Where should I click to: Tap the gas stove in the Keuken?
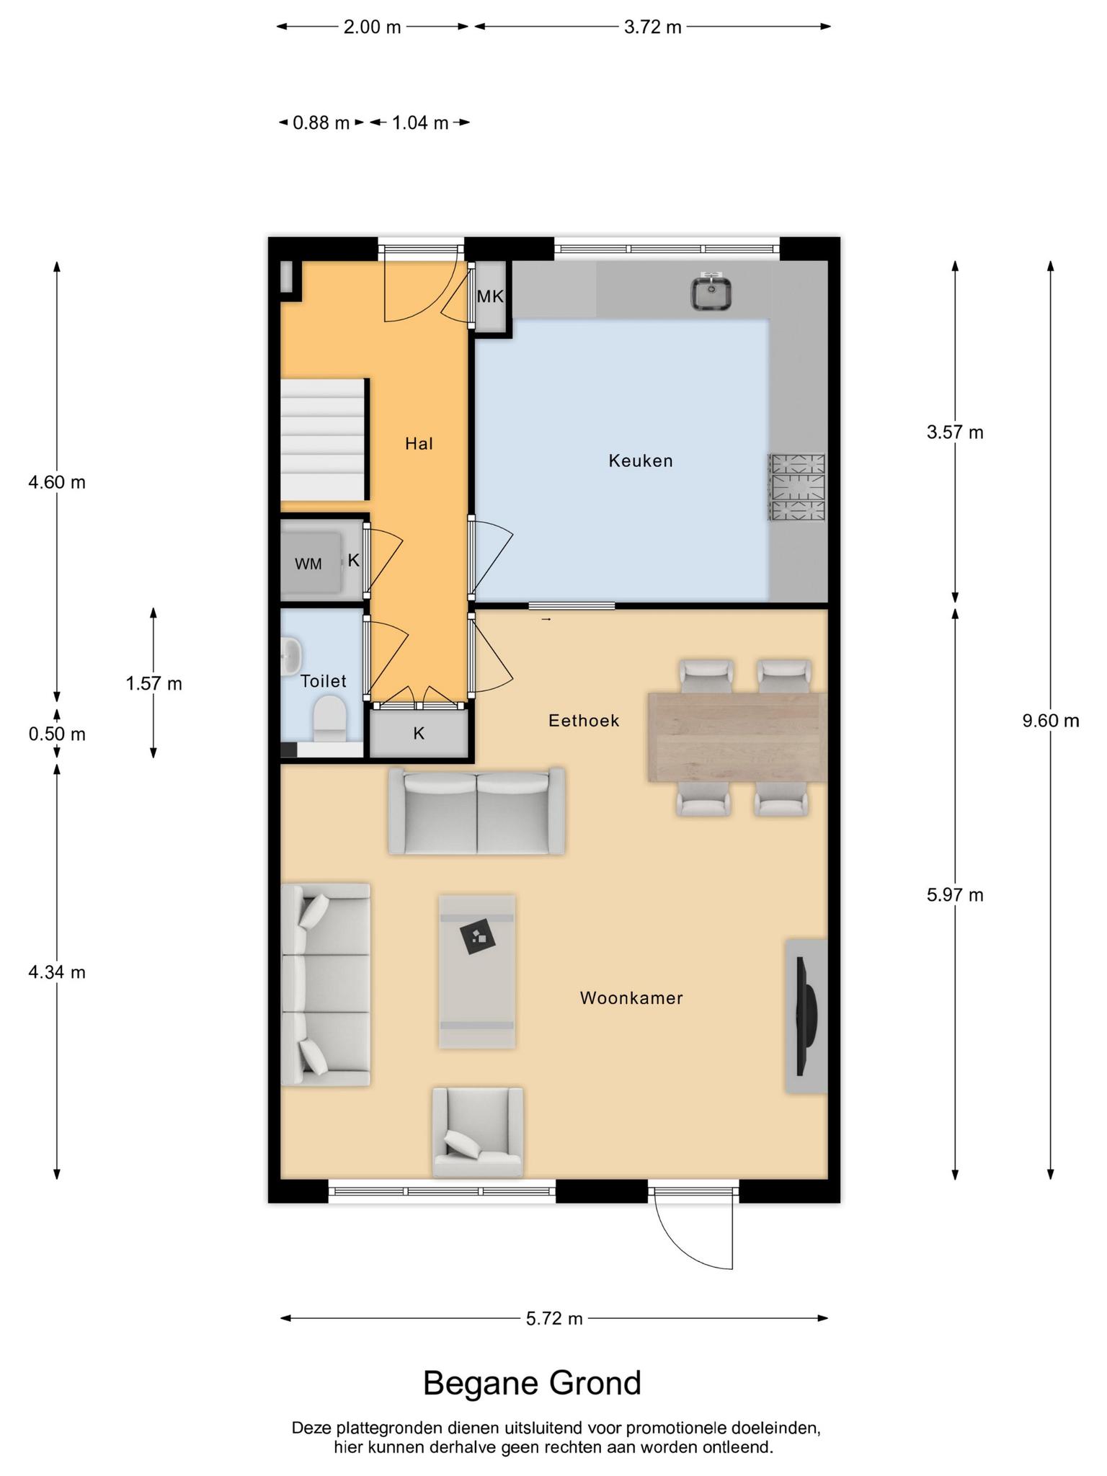coord(797,486)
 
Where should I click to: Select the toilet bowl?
coord(330,718)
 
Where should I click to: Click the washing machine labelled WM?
coord(311,563)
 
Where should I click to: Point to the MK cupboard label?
coord(490,296)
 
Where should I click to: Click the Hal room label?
coord(419,443)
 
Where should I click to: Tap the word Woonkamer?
coord(631,998)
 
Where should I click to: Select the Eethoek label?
coord(584,721)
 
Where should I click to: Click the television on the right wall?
coord(806,1016)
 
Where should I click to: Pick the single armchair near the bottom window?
coord(478,1132)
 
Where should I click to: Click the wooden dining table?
coord(737,737)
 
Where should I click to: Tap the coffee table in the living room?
coord(477,972)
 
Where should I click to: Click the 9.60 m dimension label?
coord(1051,720)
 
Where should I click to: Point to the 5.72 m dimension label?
coord(554,1319)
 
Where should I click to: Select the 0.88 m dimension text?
coord(321,123)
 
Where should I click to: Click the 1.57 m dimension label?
coord(154,683)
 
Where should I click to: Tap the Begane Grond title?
coord(532,1383)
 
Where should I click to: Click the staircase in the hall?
coord(324,439)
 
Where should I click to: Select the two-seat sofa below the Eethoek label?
coord(476,812)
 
